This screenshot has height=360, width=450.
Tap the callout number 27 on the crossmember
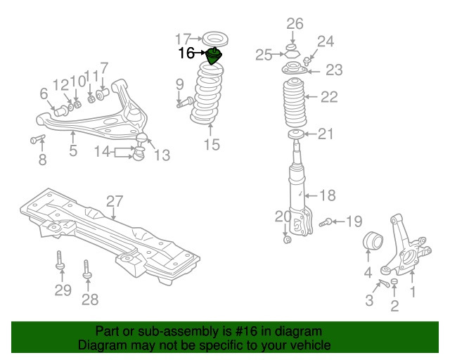pos(114,202)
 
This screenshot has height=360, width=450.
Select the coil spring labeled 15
pos(211,95)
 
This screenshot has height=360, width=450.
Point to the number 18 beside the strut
pos(328,195)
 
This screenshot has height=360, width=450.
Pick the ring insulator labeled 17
pos(213,37)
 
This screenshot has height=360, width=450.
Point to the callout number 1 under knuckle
pos(413,290)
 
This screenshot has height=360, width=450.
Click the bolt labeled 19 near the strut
pos(326,223)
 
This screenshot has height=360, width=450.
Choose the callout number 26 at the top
pos(295,24)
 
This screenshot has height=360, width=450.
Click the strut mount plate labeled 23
pos(294,70)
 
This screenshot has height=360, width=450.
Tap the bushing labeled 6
pos(60,110)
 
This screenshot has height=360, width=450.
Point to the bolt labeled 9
pos(186,103)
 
